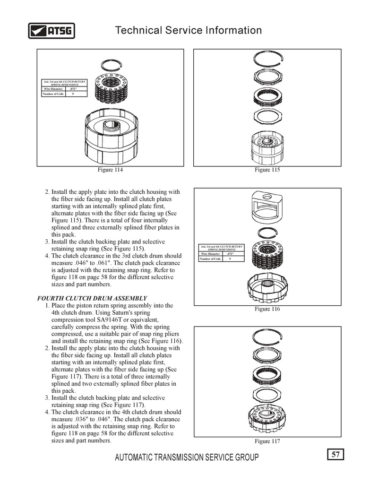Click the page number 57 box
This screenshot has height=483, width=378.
(x=335, y=455)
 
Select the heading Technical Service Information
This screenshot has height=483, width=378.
(x=189, y=31)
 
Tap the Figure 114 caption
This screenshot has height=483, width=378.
(x=110, y=170)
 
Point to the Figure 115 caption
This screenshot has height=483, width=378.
(x=267, y=170)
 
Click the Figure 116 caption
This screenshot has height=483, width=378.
(x=267, y=309)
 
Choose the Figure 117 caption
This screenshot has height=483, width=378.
(x=267, y=441)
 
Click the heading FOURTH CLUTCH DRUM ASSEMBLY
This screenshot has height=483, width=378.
(x=92, y=298)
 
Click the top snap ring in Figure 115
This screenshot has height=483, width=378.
(x=267, y=59)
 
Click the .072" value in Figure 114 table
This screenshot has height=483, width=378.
(x=73, y=88)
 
